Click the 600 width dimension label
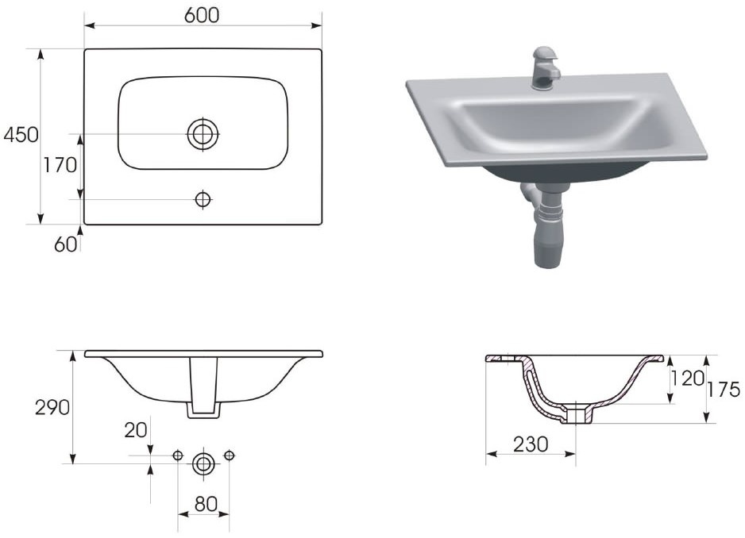click(202, 16)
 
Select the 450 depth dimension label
click(21, 136)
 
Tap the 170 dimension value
click(60, 165)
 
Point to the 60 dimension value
click(65, 244)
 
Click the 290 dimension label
click(52, 407)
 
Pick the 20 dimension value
click(135, 430)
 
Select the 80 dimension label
click(206, 505)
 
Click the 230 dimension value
click(531, 444)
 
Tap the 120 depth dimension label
click(687, 379)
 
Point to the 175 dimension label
click(723, 390)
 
